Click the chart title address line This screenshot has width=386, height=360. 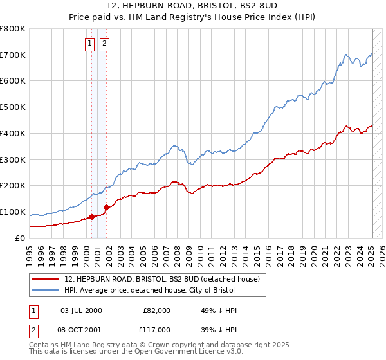193,6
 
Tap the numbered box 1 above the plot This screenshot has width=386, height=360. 89,44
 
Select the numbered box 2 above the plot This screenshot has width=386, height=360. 104,44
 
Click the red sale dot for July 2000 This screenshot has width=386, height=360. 91,216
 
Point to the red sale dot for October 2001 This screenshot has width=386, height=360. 106,207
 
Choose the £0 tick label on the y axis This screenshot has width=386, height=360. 20,238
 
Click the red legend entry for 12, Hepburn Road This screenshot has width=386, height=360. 161,279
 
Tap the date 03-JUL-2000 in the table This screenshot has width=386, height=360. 81,310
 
